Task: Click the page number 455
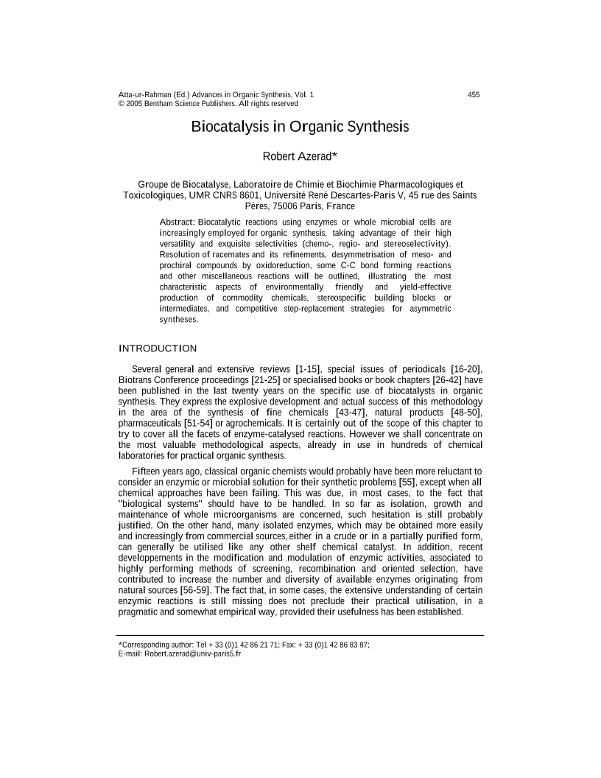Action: pyautogui.click(x=474, y=95)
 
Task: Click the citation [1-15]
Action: pyautogui.click(x=309, y=368)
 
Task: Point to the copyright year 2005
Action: pyautogui.click(x=133, y=104)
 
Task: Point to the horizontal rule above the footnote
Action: pyautogui.click(x=300, y=635)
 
